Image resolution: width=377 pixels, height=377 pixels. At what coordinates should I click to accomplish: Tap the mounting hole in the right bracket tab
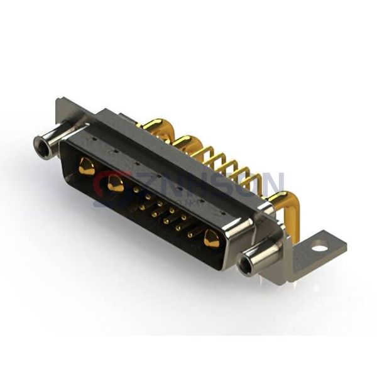(x=319, y=247)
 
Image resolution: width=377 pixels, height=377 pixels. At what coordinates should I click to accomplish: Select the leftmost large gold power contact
(x=87, y=167)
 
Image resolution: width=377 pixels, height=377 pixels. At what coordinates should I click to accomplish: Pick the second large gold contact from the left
(x=116, y=185)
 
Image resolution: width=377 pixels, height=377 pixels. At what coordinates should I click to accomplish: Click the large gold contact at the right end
(x=212, y=239)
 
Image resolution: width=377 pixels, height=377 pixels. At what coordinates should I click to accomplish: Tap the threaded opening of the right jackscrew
(x=245, y=265)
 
